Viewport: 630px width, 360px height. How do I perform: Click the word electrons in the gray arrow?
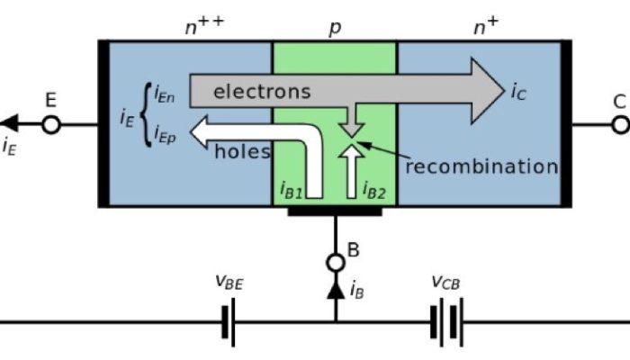(x=262, y=92)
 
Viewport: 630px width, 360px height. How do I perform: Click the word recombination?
(x=481, y=166)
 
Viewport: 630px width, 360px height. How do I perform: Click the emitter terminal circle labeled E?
(x=51, y=124)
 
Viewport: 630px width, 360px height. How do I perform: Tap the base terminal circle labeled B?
(x=335, y=263)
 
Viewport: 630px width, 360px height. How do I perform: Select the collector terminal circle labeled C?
(x=620, y=124)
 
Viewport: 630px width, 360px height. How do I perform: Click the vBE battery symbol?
(x=228, y=322)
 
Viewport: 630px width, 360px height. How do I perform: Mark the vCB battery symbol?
(x=446, y=322)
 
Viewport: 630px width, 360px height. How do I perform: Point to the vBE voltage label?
(x=229, y=283)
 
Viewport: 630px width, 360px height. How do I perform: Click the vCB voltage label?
(x=446, y=283)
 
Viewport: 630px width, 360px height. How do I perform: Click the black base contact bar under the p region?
(x=335, y=212)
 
